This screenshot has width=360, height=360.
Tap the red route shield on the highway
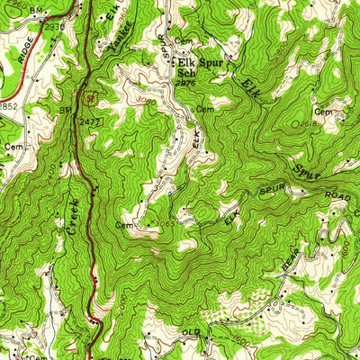pos(92,95)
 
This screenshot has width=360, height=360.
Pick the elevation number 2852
pos(7,106)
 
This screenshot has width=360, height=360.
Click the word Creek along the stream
pos(73,217)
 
